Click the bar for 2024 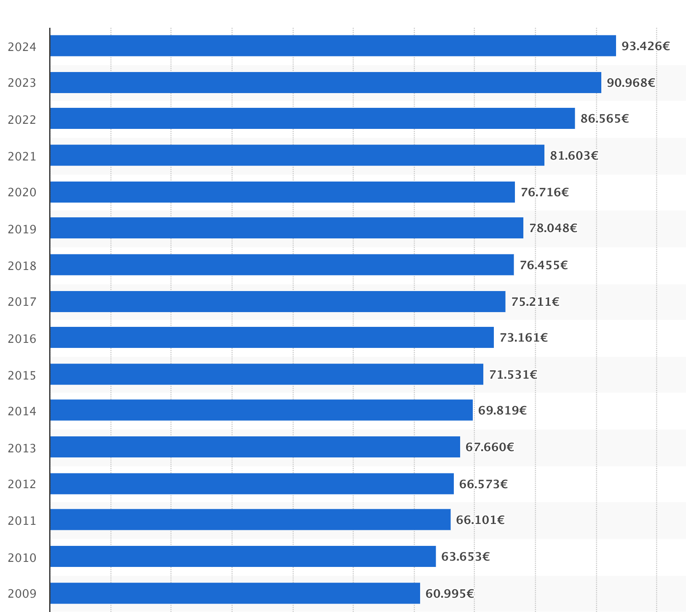[333, 46]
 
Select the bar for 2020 [282, 192]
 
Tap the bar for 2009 [235, 593]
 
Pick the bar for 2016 [272, 337]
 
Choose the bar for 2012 [252, 484]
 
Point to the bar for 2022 [312, 118]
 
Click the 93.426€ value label [646, 46]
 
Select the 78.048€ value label [553, 228]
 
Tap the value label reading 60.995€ [450, 593]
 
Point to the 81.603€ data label [574, 155]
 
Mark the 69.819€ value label [502, 410]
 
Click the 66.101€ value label [480, 520]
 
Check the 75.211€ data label [535, 302]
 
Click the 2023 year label [22, 83]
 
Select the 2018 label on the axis [22, 266]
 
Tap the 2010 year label [22, 558]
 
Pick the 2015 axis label [22, 375]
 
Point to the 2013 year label [22, 448]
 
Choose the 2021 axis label [22, 157]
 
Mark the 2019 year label [22, 230]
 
